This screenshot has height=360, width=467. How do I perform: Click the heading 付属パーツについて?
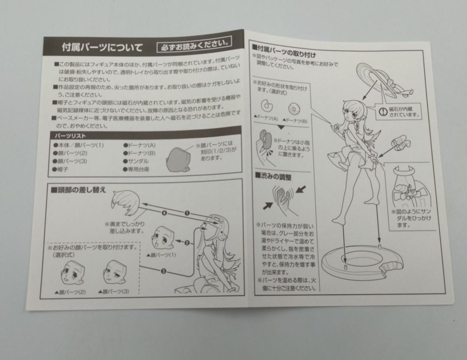click(102, 47)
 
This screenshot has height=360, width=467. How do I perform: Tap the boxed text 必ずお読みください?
click(194, 45)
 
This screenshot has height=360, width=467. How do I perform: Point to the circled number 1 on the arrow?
click(186, 213)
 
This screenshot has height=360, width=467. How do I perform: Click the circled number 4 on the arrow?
click(164, 212)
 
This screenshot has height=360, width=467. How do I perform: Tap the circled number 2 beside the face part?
click(186, 242)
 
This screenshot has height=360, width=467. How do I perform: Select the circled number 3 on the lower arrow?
click(163, 271)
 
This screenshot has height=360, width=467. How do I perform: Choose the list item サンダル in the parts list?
click(137, 161)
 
